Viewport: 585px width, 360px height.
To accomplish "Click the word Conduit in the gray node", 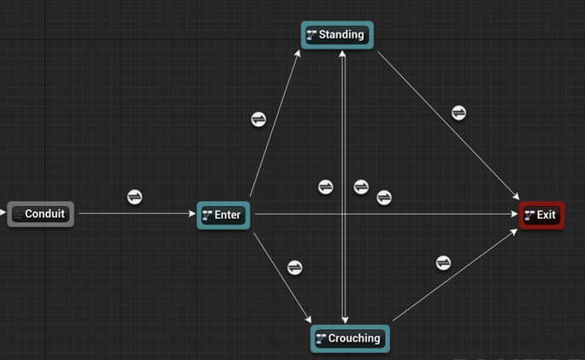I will pyautogui.click(x=45, y=214).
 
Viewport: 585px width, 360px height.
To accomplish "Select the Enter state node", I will pyautogui.click(x=223, y=215).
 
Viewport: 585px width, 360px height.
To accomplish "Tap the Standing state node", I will pyautogui.click(x=337, y=35).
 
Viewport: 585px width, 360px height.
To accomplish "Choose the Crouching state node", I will pyautogui.click(x=350, y=339).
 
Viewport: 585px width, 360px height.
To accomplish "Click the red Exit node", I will pyautogui.click(x=542, y=215).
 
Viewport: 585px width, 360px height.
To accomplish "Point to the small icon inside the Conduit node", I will pyautogui.click(x=18, y=214).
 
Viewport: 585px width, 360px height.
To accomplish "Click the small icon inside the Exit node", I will pyautogui.click(x=530, y=215).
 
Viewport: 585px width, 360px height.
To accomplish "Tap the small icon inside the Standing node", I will pyautogui.click(x=311, y=35).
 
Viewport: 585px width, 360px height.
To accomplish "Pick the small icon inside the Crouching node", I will pyautogui.click(x=321, y=339).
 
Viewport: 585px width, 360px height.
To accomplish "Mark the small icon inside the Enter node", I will pyautogui.click(x=207, y=215).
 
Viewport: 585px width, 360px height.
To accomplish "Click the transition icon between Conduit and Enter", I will pyautogui.click(x=134, y=198).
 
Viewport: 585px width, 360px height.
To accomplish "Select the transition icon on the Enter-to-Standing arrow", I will pyautogui.click(x=258, y=120).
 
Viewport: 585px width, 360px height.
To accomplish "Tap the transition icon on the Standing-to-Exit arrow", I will pyautogui.click(x=459, y=113).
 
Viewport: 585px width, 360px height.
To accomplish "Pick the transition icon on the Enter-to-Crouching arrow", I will pyautogui.click(x=295, y=268).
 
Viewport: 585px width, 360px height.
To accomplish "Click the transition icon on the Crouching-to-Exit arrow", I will pyautogui.click(x=444, y=263).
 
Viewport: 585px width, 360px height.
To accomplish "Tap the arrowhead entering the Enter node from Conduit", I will pyautogui.click(x=192, y=214).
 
